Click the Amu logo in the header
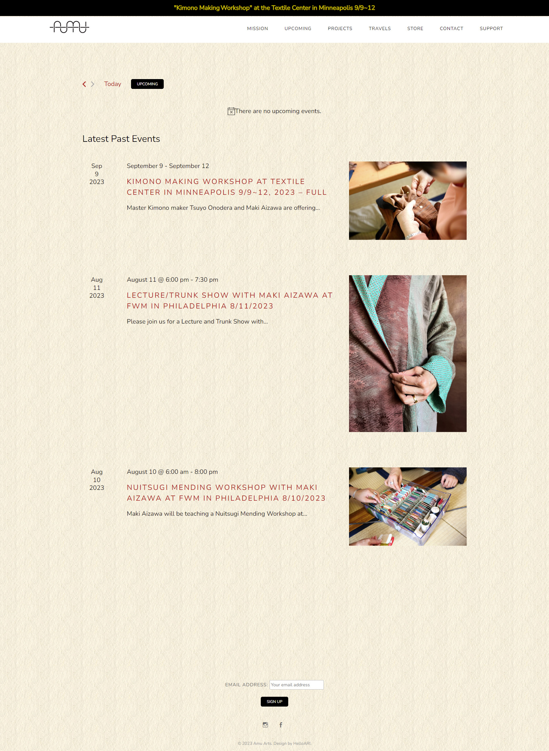point(70,27)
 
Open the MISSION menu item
point(258,28)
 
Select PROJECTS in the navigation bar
point(340,28)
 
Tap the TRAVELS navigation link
point(380,28)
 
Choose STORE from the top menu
point(415,28)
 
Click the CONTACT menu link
point(452,28)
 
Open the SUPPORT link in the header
point(491,28)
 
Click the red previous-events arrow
point(84,84)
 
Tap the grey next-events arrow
point(93,84)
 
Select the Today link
point(113,84)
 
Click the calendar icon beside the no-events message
point(231,111)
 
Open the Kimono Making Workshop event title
point(227,187)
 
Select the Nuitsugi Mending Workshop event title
point(226,493)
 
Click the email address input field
point(297,685)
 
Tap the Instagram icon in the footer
point(265,725)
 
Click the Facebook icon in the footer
point(281,725)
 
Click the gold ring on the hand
point(415,399)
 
